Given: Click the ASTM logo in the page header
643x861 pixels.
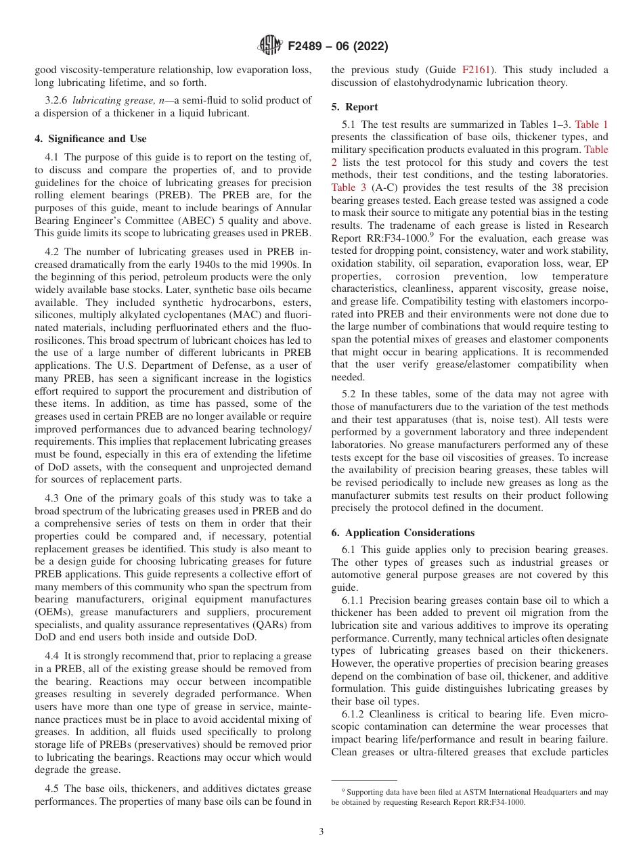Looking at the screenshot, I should click(269, 46).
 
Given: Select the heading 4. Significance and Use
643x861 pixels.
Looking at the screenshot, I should click(90, 139).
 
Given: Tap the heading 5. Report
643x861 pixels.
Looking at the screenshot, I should click(355, 107).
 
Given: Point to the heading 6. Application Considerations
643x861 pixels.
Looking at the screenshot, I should click(403, 533).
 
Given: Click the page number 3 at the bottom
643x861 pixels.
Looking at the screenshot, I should click(321, 831).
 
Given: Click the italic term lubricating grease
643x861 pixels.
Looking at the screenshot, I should click(113, 100).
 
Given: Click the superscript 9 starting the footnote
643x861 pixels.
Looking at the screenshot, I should click(343, 790).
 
